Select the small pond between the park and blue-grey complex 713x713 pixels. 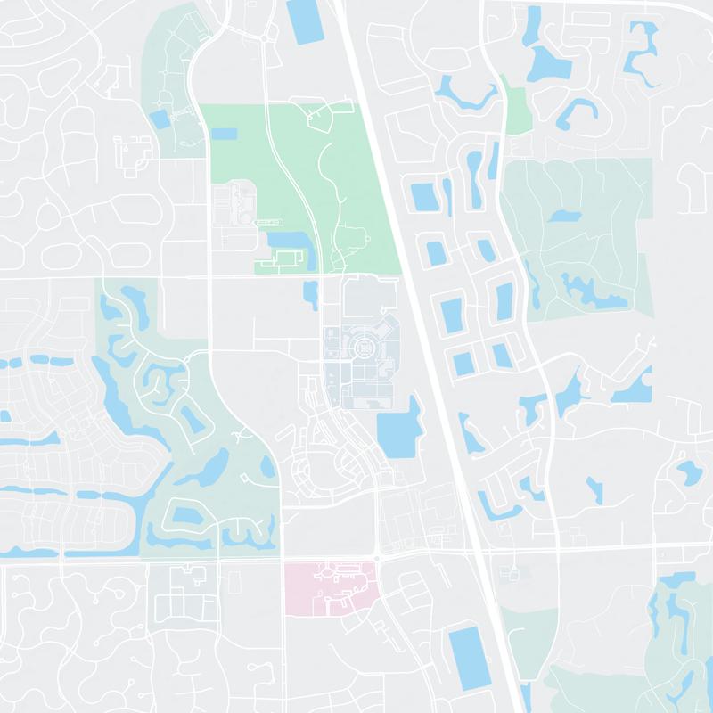pos(311,294)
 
